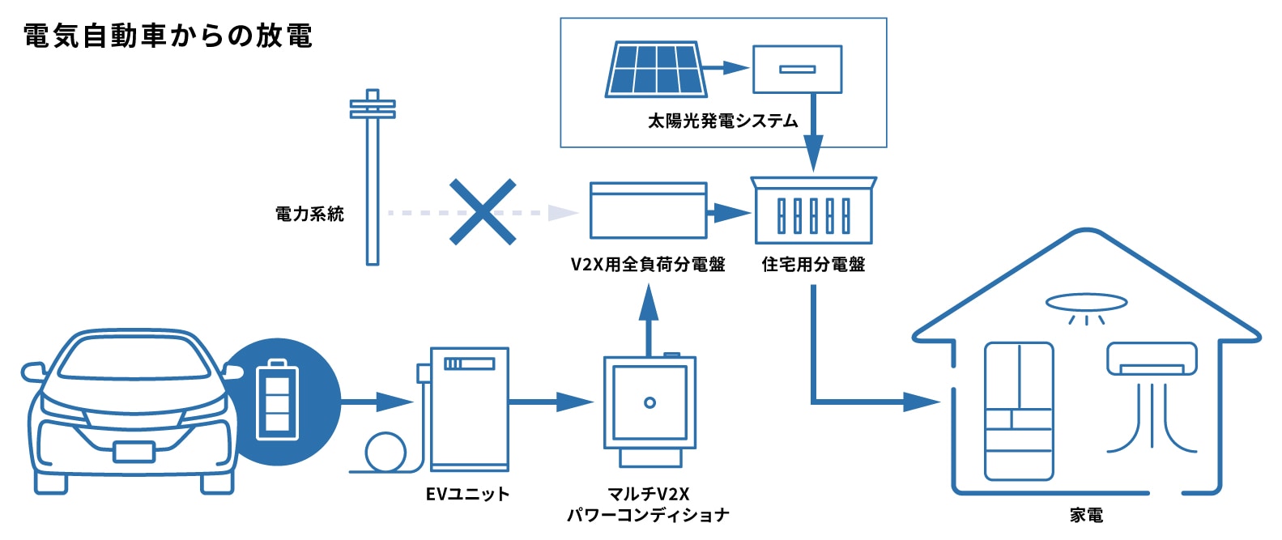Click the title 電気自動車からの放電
pyautogui.click(x=168, y=36)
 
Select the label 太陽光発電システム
pyautogui.click(x=722, y=121)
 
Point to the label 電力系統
pyautogui.click(x=309, y=215)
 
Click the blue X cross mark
pyautogui.click(x=483, y=212)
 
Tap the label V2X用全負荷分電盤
pyautogui.click(x=648, y=265)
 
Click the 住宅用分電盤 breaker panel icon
pyautogui.click(x=814, y=212)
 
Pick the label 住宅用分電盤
pyautogui.click(x=814, y=265)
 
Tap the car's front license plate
pyautogui.click(x=134, y=450)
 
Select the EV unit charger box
pyautogui.click(x=469, y=409)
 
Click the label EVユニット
pyautogui.click(x=467, y=494)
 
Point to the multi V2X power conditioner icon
pyautogui.click(x=650, y=409)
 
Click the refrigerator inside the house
pyautogui.click(x=1019, y=411)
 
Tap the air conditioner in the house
pyautogui.click(x=1152, y=359)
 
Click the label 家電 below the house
pyautogui.click(x=1086, y=516)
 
